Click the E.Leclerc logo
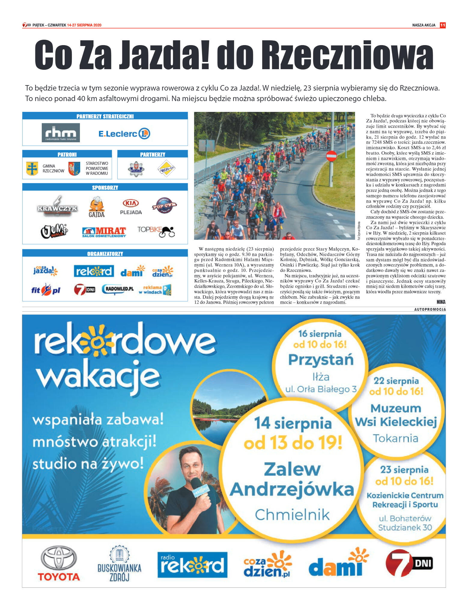point(124,134)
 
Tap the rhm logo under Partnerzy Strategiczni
point(61,133)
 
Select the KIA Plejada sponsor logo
point(131,207)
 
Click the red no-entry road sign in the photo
point(331,156)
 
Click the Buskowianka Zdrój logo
point(119,563)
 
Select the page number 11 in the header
point(442,25)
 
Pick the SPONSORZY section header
point(105,188)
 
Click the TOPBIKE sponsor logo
point(156,232)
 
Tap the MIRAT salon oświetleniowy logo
point(104,232)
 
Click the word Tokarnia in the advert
point(396,438)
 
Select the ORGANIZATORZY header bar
point(105,254)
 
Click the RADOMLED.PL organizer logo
point(118,289)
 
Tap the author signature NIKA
point(441,302)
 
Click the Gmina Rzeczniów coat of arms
point(32,169)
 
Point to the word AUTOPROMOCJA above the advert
point(430,309)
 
